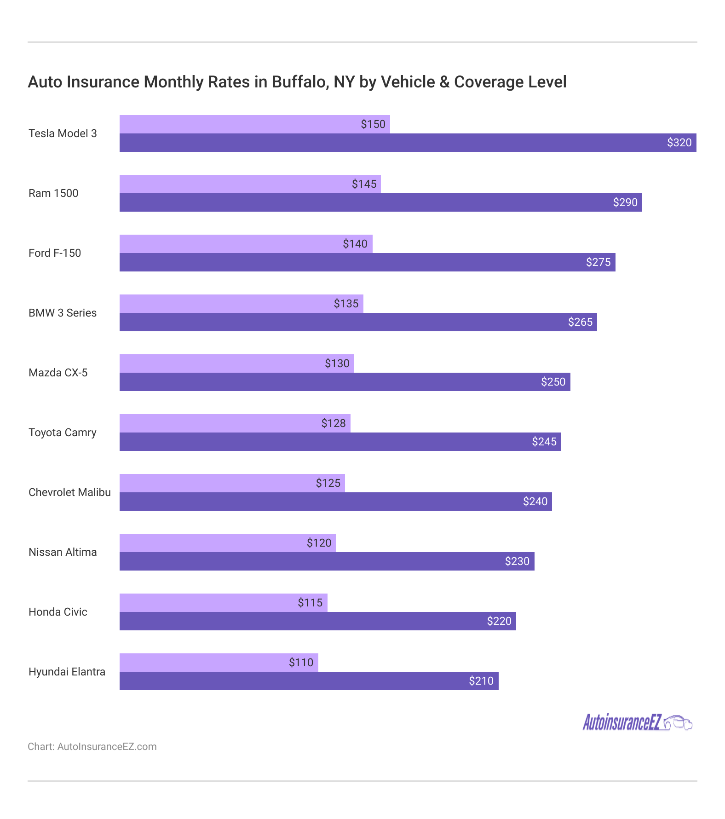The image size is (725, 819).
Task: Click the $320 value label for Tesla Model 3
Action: [679, 143]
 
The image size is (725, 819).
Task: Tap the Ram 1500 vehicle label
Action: [53, 193]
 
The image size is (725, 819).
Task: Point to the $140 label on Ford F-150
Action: [355, 244]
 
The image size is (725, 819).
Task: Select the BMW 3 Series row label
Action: [63, 313]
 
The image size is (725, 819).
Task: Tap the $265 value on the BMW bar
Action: [580, 322]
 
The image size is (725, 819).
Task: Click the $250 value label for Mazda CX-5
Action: [553, 382]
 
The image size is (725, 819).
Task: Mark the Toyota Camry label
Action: [63, 433]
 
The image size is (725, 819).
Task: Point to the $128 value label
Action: [333, 423]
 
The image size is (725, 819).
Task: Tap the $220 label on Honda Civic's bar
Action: [499, 621]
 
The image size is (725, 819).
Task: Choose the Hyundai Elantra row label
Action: [67, 672]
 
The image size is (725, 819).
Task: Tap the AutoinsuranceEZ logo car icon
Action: [679, 722]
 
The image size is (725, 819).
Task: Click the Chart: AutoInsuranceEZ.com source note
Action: [92, 747]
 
